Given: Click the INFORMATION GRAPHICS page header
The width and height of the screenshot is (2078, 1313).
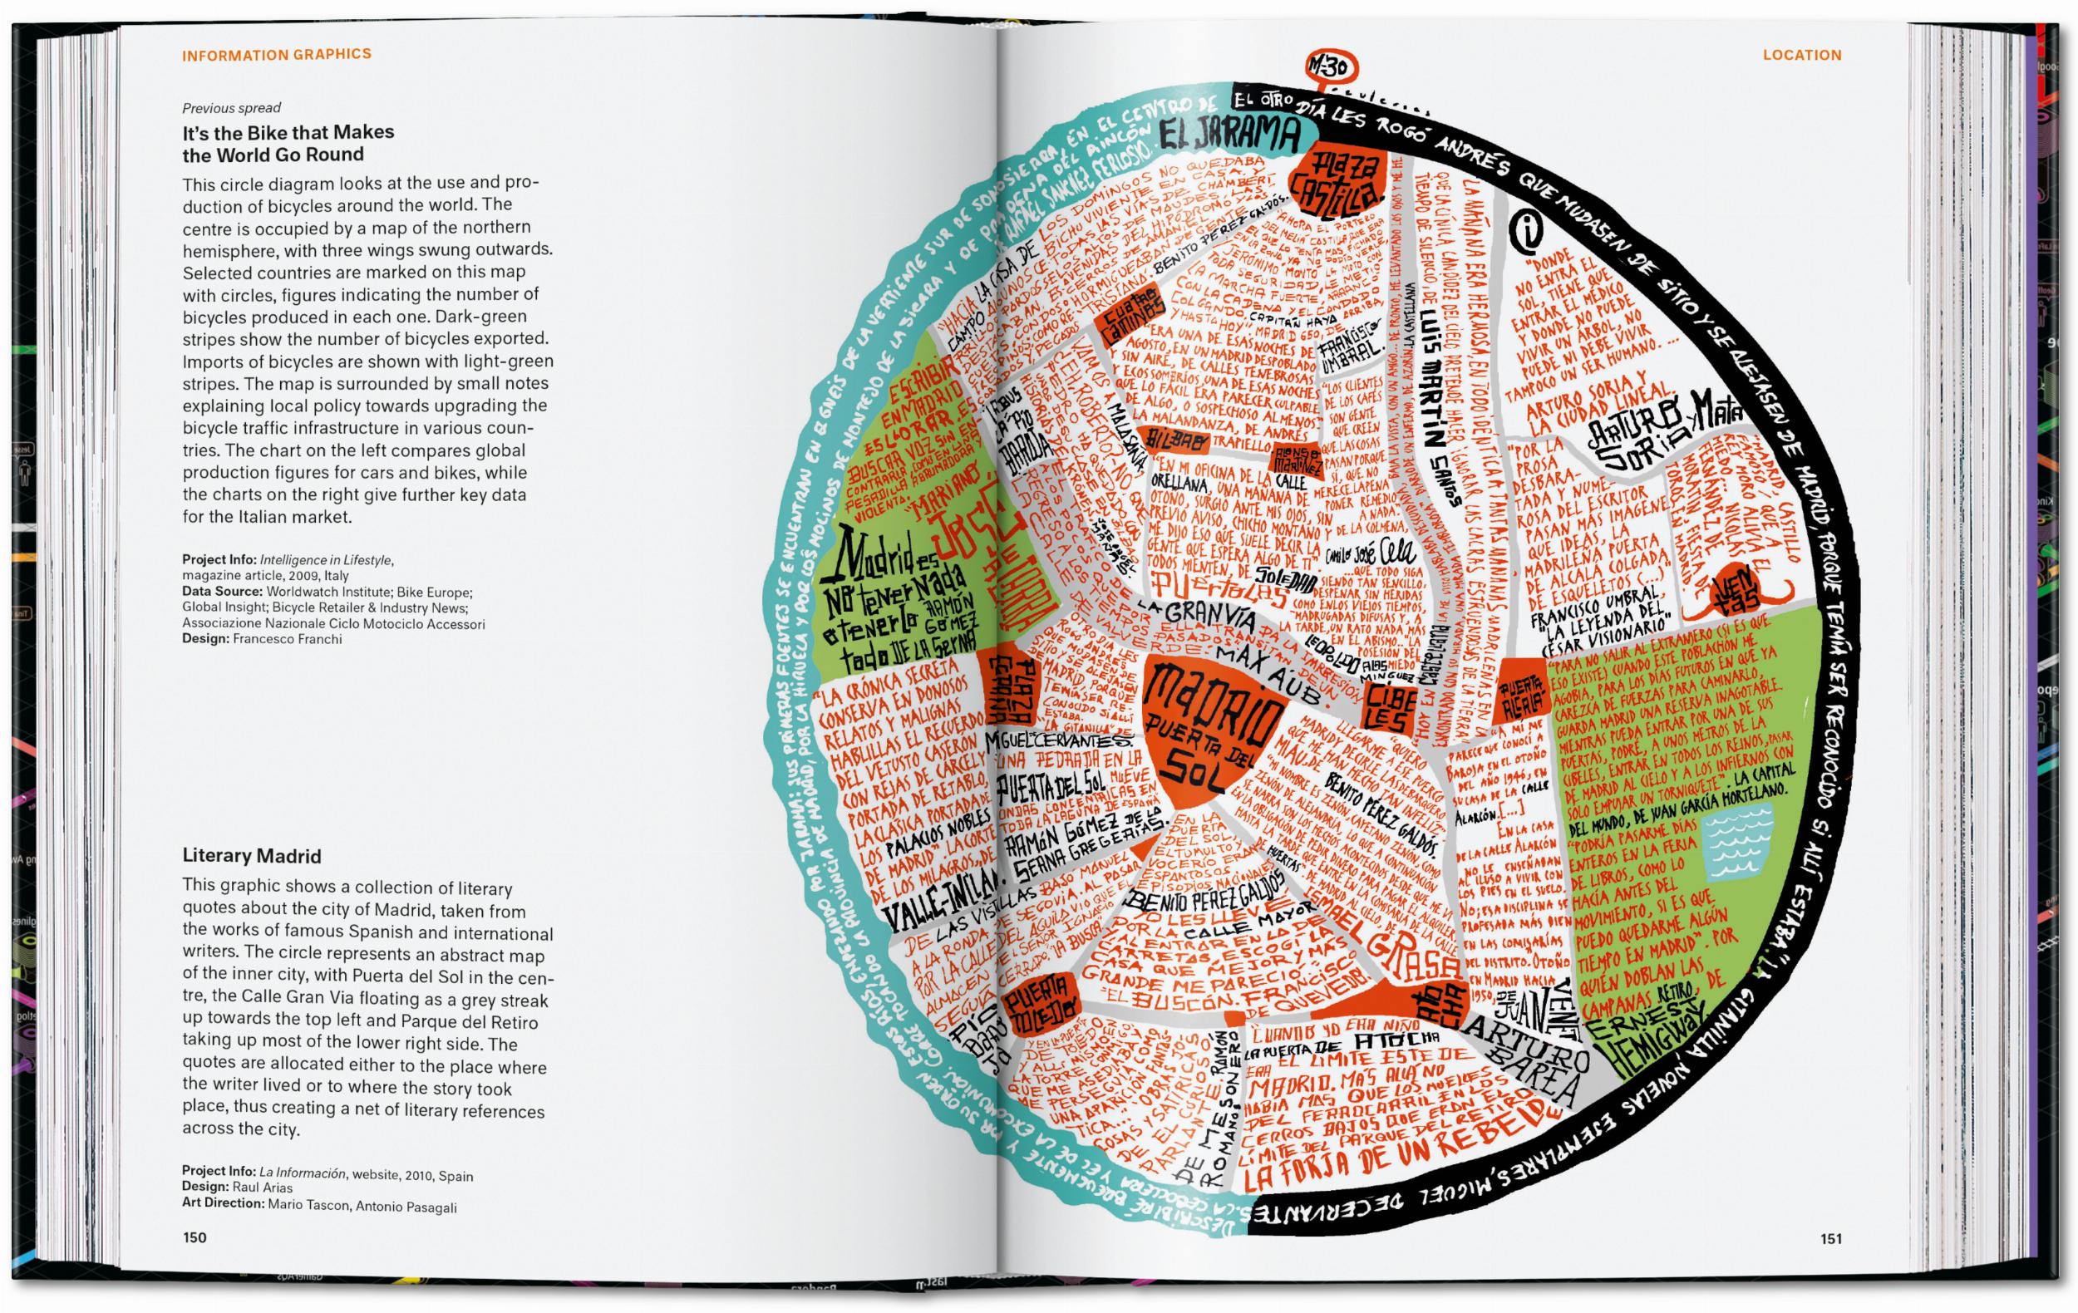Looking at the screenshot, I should [276, 54].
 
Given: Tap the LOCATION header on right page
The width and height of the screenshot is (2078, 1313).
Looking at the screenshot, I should [1802, 55].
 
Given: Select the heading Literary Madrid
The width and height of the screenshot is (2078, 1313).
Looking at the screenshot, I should [251, 856].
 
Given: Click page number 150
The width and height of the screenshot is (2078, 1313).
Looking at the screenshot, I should [195, 1238].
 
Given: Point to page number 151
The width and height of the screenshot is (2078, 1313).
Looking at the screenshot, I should [1831, 1239].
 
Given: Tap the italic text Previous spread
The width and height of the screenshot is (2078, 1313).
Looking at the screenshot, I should [231, 108].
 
